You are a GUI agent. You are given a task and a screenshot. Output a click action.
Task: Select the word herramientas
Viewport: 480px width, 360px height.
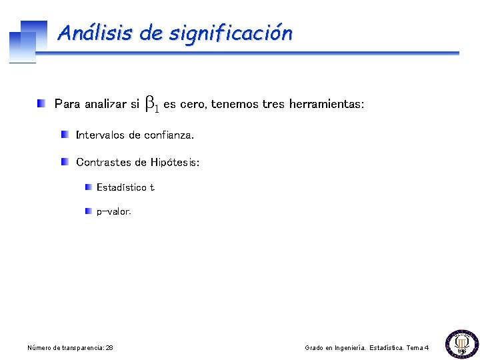326,104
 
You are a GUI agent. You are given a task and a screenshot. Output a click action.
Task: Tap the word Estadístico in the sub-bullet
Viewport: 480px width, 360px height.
121,187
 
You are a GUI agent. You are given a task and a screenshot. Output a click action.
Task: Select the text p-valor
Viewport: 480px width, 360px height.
114,212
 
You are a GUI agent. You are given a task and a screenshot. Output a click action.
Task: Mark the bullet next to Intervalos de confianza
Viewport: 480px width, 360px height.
65,135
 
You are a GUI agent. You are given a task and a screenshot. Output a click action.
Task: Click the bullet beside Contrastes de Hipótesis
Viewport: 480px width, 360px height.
65,161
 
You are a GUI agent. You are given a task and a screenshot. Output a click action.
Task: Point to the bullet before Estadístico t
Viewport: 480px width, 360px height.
89,187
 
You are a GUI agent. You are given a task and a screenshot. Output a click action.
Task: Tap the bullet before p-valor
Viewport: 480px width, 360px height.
89,211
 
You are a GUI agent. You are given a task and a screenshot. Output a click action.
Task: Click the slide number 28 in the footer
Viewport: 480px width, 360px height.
109,348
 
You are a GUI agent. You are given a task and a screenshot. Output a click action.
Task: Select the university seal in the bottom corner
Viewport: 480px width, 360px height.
460,343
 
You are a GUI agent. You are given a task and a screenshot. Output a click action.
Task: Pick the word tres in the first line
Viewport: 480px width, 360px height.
273,104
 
